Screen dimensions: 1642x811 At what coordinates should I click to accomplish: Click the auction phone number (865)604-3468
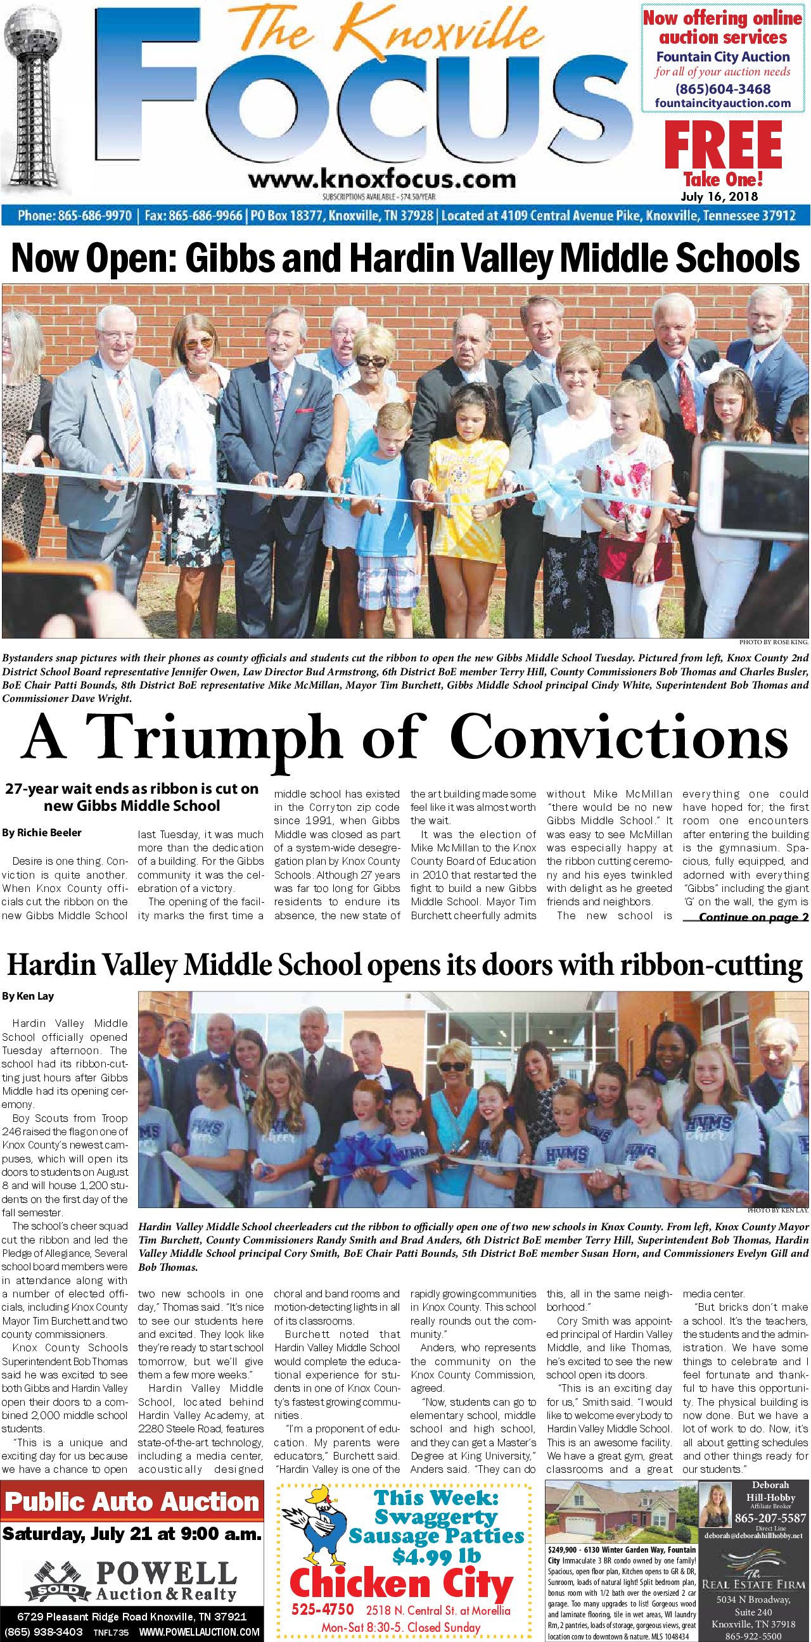(x=722, y=89)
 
